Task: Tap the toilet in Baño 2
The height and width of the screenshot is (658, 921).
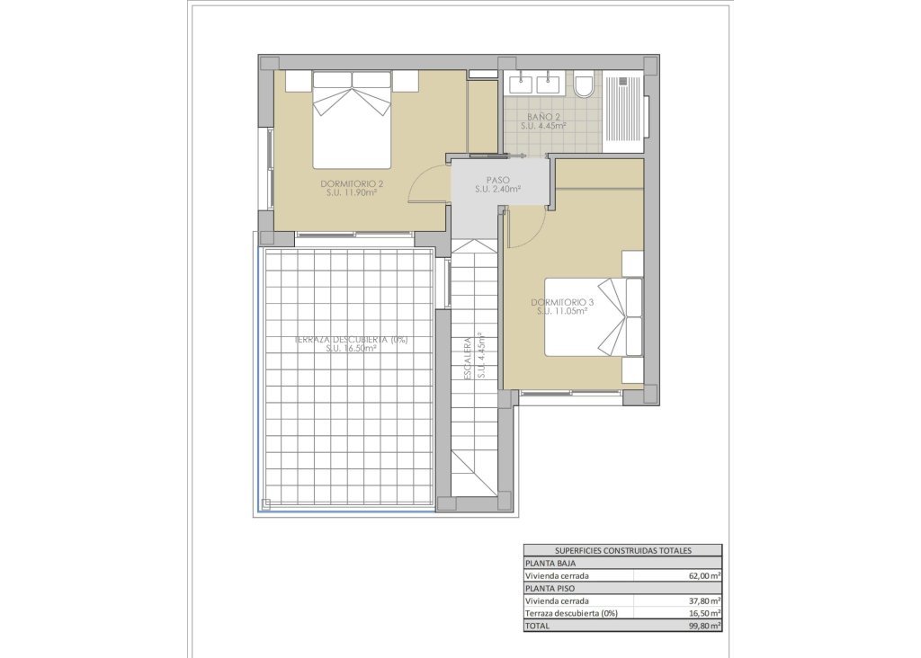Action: [583, 85]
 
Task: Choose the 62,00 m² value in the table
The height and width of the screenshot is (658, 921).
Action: [705, 575]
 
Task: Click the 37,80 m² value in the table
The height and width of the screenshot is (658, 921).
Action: [705, 600]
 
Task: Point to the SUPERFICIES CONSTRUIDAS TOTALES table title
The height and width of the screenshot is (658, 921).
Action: [622, 550]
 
